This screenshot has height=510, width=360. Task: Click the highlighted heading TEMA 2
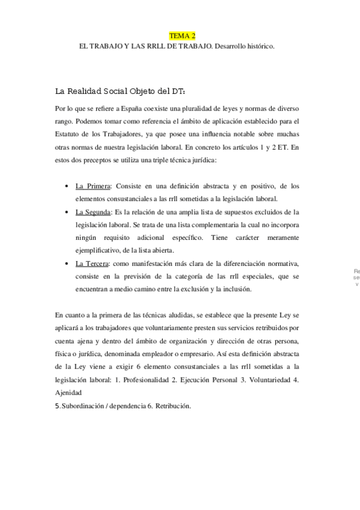coord(182,36)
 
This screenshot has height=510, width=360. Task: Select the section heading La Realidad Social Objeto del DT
coord(120,91)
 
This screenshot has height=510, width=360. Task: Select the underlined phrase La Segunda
coord(93,212)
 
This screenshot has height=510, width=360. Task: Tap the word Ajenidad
coord(68,393)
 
